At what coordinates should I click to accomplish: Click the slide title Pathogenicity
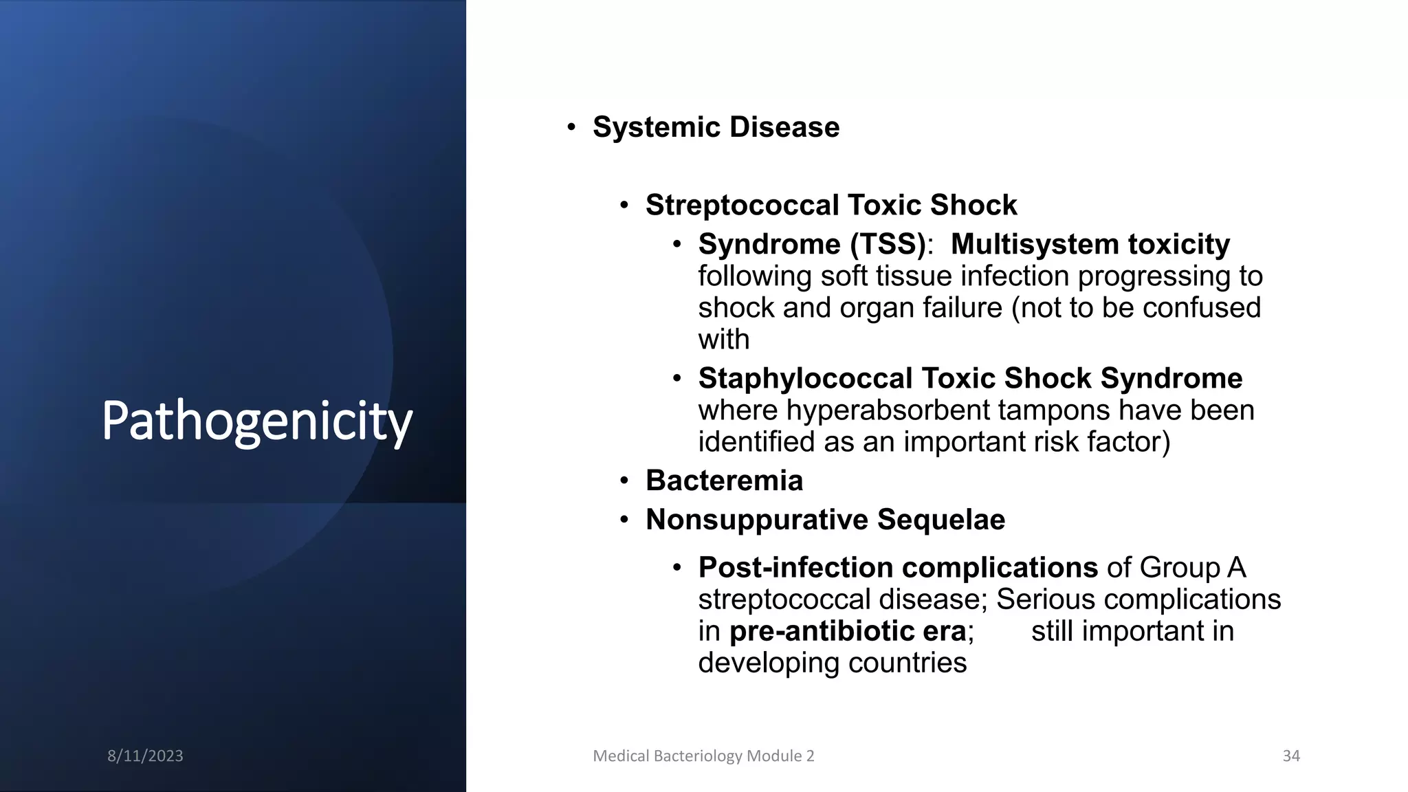click(x=256, y=421)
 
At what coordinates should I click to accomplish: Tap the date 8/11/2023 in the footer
click(x=145, y=756)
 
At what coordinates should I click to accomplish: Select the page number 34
click(x=1291, y=756)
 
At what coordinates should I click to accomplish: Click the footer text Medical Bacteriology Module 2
click(x=703, y=756)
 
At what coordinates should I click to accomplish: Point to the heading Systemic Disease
click(x=716, y=127)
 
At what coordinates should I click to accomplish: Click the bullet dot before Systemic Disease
click(x=571, y=127)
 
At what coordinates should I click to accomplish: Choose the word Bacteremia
click(x=724, y=481)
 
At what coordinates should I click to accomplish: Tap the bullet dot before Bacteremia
click(x=624, y=481)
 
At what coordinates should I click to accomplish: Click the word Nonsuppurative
click(x=757, y=520)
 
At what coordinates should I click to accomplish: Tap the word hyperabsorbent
click(x=888, y=410)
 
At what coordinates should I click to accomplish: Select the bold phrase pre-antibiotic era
click(x=847, y=631)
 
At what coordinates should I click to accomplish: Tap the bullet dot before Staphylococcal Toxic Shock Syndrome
click(x=676, y=379)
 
